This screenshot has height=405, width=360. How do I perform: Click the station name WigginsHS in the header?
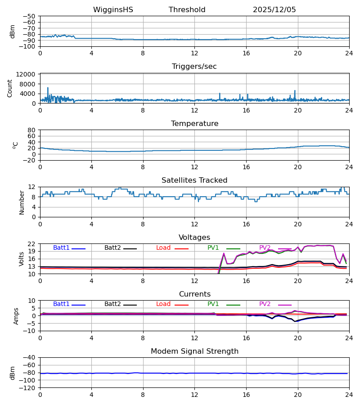pyautogui.click(x=113, y=10)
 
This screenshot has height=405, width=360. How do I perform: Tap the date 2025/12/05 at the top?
pyautogui.click(x=274, y=10)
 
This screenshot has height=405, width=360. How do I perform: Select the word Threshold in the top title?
pyautogui.click(x=187, y=10)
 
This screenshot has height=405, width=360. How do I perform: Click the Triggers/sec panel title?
pyautogui.click(x=194, y=67)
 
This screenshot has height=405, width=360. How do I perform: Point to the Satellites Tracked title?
pyautogui.click(x=194, y=180)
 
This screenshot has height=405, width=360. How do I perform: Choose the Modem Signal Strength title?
pyautogui.click(x=194, y=351)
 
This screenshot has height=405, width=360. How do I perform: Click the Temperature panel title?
pyautogui.click(x=194, y=124)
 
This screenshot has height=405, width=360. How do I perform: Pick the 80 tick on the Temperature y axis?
pyautogui.click(x=32, y=130)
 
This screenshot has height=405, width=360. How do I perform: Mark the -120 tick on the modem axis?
pyautogui.click(x=28, y=388)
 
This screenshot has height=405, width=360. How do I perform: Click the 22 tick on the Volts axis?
pyautogui.click(x=32, y=244)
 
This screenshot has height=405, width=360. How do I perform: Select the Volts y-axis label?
pyautogui.click(x=22, y=259)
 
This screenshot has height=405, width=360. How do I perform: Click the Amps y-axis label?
pyautogui.click(x=17, y=316)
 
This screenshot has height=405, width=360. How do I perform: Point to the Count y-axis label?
pyautogui.click(x=10, y=88)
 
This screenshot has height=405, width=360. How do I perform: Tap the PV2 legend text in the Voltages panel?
pyautogui.click(x=265, y=248)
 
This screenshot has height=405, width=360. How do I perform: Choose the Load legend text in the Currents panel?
pyautogui.click(x=163, y=304)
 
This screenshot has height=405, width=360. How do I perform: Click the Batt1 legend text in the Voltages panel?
pyautogui.click(x=61, y=248)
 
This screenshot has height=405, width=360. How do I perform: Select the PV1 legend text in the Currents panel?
pyautogui.click(x=213, y=304)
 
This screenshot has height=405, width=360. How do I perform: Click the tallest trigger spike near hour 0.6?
pyautogui.click(x=48, y=88)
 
